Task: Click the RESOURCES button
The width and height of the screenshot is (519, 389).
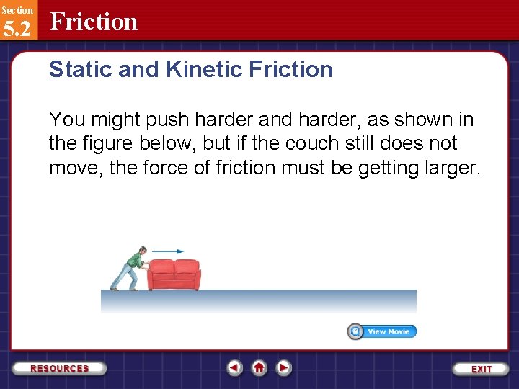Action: (60, 368)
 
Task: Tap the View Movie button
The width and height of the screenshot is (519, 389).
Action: (382, 331)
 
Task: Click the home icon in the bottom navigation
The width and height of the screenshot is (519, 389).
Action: (259, 367)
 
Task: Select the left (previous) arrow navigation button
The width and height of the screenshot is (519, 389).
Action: (234, 367)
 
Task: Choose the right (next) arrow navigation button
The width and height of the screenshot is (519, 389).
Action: (284, 367)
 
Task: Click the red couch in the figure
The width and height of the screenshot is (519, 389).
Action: (174, 274)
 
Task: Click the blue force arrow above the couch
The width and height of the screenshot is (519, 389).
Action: (168, 251)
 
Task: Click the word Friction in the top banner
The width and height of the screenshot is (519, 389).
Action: (94, 22)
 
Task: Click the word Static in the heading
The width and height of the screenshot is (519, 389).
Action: (76, 69)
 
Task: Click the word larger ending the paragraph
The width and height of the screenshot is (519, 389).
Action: (453, 168)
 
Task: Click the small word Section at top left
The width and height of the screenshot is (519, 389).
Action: (17, 10)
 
